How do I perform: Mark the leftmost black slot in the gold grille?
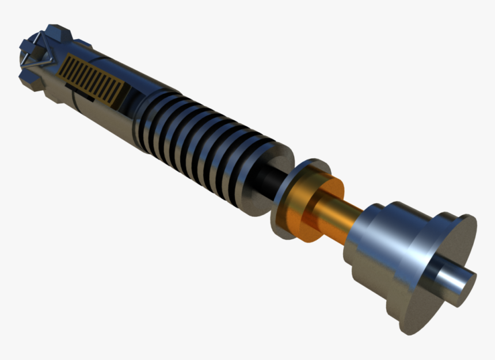click(67, 63)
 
